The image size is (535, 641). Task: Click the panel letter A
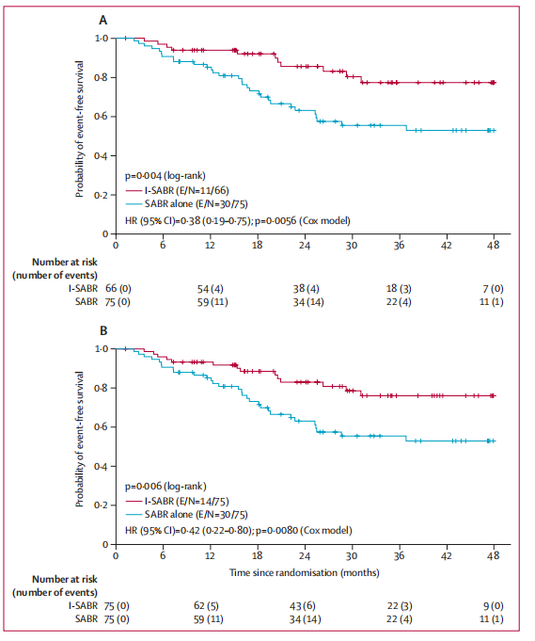103,20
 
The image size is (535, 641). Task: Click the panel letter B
103,330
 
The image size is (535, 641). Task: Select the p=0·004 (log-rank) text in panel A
165,176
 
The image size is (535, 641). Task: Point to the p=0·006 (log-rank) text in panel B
165,486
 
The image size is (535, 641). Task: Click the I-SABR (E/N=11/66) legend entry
177,190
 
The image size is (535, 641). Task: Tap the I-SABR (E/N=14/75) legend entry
177,501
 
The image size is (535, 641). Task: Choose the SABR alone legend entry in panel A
186,203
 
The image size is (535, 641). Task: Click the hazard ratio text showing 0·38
237,221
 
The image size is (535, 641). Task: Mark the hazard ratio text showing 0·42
238,530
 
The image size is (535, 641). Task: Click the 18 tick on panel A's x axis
257,245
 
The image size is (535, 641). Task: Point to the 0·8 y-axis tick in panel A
101,77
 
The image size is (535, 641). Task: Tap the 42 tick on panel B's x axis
447,555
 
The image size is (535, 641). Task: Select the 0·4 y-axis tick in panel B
101,466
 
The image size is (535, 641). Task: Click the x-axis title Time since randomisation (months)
305,572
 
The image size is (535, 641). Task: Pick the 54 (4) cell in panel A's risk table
210,289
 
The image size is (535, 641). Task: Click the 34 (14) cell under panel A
308,302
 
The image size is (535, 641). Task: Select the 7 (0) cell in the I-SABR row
493,289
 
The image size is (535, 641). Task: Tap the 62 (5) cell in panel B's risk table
209,606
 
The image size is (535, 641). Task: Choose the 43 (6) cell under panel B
303,606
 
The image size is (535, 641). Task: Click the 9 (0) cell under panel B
494,606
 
